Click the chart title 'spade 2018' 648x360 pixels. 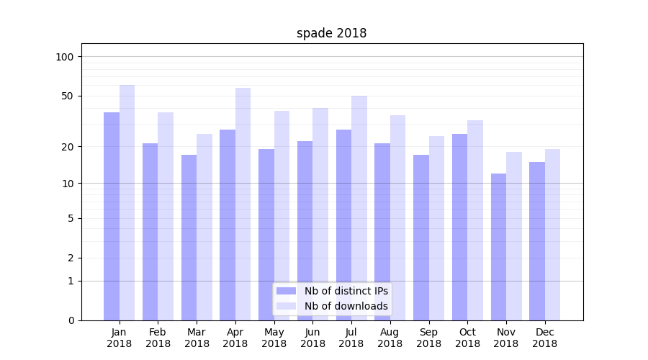[x=331, y=33]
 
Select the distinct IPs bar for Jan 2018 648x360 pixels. [x=112, y=216]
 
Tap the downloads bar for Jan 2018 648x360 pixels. [x=127, y=202]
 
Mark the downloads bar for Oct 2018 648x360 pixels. [x=475, y=220]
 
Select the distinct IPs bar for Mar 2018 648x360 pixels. [x=189, y=238]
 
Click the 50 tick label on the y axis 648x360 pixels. [x=68, y=96]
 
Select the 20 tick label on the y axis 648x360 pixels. [x=68, y=147]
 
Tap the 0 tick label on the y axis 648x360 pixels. [x=71, y=320]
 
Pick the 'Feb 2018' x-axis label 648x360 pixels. [x=158, y=338]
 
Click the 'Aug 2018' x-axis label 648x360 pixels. [x=390, y=338]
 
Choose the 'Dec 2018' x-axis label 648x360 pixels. [x=544, y=338]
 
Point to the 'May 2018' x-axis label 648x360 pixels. [x=274, y=338]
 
